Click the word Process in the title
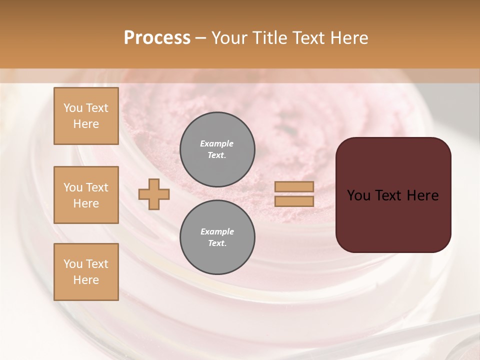click(x=157, y=38)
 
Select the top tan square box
click(x=86, y=116)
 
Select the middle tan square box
click(x=86, y=195)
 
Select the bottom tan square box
click(x=86, y=271)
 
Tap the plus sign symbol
click(x=154, y=194)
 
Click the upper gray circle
click(x=217, y=149)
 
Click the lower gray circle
click(x=217, y=237)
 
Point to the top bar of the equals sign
click(x=294, y=187)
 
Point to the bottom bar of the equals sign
click(x=294, y=201)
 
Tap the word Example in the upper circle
click(x=216, y=143)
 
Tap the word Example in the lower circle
click(x=217, y=231)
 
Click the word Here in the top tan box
click(x=86, y=124)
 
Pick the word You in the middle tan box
click(x=73, y=187)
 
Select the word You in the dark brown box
click(x=358, y=195)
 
